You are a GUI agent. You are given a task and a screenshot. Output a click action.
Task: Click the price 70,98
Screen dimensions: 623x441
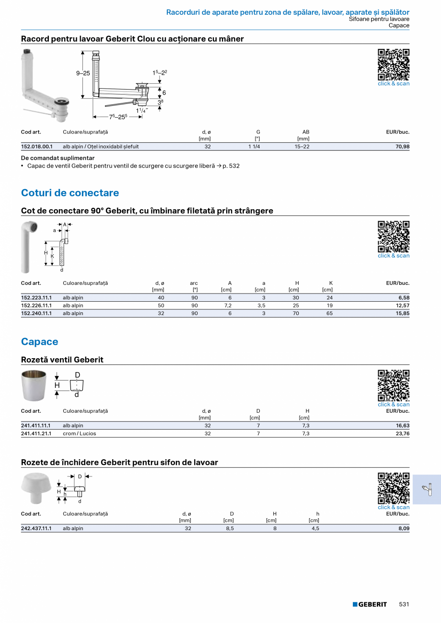tap(402, 147)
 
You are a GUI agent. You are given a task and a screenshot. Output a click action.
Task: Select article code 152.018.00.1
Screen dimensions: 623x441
tap(37, 147)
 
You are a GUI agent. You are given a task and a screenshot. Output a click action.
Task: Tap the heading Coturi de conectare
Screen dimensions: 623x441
tap(70, 193)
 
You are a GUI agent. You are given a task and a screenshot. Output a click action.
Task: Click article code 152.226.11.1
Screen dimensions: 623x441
tap(37, 306)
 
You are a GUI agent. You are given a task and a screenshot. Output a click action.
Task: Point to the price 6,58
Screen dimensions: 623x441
tap(404, 298)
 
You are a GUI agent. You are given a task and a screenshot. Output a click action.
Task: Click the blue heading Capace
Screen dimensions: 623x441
tap(40, 342)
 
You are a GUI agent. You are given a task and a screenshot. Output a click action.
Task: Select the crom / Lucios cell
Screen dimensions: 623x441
tap(79, 433)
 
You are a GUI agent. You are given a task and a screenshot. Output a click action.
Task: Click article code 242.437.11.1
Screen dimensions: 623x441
tap(36, 529)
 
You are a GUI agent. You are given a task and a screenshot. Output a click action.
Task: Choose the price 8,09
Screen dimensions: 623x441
tap(404, 529)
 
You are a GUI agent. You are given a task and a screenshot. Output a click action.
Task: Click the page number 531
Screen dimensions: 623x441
tap(404, 604)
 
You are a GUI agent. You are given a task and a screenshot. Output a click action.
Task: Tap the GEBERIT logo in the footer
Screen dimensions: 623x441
tap(370, 604)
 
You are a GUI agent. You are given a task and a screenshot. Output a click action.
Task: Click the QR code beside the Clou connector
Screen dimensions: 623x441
tap(394, 64)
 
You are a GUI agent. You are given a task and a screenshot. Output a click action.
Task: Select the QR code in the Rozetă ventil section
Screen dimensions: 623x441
tap(394, 385)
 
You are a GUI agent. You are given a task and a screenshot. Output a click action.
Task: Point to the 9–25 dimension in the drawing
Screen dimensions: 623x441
tap(83, 73)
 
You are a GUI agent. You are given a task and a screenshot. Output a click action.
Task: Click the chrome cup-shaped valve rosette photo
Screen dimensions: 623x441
tap(33, 385)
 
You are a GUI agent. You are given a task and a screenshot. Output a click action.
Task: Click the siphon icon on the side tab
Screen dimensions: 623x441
tap(427, 489)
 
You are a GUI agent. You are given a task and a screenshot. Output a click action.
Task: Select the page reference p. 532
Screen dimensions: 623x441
tap(231, 166)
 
